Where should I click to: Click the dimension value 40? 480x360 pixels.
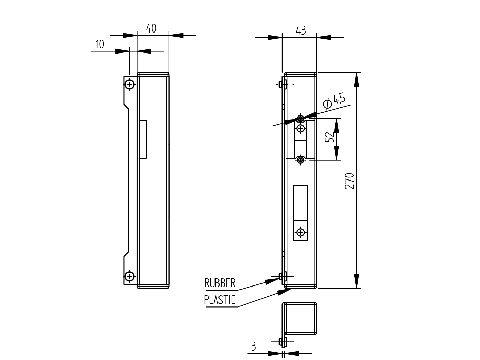click(151, 28)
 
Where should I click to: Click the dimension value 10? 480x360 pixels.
click(100, 44)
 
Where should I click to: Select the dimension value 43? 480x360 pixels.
click(300, 30)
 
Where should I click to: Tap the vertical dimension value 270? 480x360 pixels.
click(349, 181)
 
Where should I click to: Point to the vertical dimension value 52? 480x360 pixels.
click(329, 137)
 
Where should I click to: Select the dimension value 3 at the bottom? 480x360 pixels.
click(253, 346)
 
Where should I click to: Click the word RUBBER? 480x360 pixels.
click(220, 283)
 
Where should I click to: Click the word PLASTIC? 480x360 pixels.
click(220, 300)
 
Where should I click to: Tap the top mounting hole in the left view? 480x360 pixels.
click(129, 84)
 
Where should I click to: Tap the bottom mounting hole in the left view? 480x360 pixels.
click(129, 276)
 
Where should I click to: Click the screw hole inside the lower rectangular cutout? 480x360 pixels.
click(300, 232)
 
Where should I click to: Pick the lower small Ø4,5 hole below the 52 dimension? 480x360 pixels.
click(300, 160)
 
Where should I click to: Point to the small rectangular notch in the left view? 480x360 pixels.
click(143, 139)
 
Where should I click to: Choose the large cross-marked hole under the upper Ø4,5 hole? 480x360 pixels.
click(300, 128)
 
